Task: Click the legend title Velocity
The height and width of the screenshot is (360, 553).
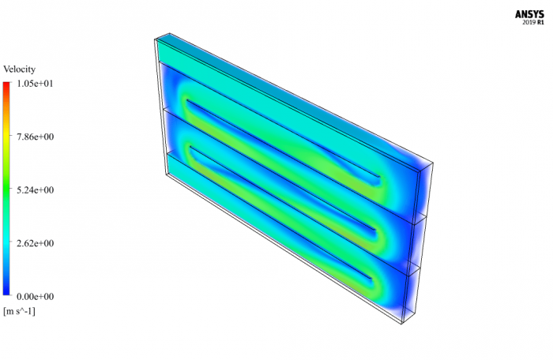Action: [19, 69]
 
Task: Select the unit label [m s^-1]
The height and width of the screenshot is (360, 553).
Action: [19, 311]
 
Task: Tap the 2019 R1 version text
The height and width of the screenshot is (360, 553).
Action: [533, 22]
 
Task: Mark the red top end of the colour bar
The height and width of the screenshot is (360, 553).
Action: [6, 85]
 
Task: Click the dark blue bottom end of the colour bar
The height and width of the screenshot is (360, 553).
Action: [6, 293]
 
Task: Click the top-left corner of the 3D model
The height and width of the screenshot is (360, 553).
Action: [155, 38]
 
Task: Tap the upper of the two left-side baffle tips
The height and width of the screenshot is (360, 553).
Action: [186, 102]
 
